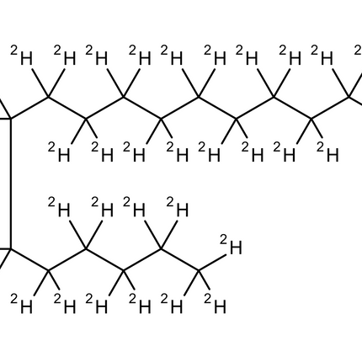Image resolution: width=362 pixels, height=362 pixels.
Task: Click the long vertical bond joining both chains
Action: [x=11, y=184]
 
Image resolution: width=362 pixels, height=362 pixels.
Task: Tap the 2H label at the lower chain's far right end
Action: [x=231, y=245]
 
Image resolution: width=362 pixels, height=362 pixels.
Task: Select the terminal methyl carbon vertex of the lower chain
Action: [x=199, y=270]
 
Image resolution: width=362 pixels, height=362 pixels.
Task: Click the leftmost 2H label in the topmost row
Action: [x=22, y=56]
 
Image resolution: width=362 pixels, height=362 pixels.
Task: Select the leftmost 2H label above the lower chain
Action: [x=59, y=207]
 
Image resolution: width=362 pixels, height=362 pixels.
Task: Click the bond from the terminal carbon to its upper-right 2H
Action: [x=212, y=263]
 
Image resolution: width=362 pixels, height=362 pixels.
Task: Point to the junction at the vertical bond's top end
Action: [x=11, y=120]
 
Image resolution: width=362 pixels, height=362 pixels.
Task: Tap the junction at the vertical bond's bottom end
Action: [x=11, y=248]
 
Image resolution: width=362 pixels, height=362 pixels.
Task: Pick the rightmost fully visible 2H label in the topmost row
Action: [x=322, y=56]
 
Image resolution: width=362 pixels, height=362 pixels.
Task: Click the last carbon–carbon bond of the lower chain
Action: [x=180, y=259]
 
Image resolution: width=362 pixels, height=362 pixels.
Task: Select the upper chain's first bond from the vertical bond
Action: [x=29, y=109]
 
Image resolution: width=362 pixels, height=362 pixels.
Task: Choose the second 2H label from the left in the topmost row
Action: [x=65, y=56]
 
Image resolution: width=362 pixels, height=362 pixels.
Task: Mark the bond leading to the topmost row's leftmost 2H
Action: [x=40, y=83]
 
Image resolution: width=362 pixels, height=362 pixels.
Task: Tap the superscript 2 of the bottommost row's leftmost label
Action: [x=13, y=299]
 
